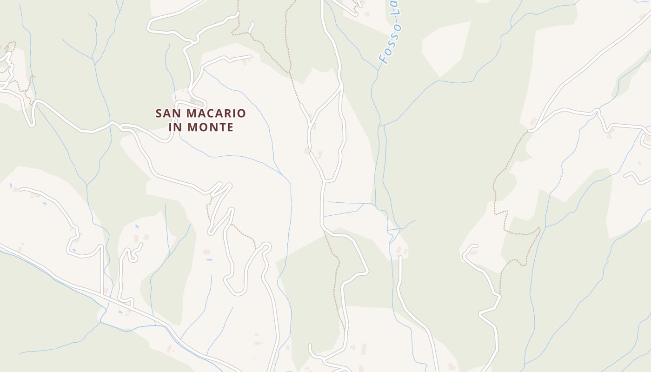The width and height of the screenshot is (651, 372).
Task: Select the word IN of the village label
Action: pos(177,127)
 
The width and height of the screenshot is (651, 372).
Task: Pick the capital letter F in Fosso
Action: pos(383,60)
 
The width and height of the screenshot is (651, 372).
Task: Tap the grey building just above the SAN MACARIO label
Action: pos(197,101)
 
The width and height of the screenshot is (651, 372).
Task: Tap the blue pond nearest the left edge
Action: pos(11,185)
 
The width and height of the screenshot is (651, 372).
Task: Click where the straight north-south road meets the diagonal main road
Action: pos(102,292)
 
